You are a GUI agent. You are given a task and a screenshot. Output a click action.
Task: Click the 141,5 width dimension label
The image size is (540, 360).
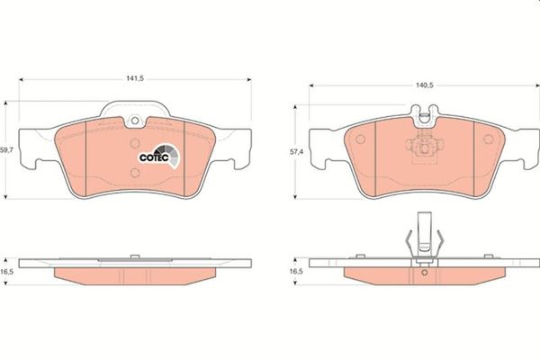[x=135, y=79]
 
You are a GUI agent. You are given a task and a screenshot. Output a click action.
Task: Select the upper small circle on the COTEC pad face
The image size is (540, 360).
[x=135, y=142]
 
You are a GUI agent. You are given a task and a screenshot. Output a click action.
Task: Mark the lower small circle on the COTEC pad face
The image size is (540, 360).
[x=135, y=172]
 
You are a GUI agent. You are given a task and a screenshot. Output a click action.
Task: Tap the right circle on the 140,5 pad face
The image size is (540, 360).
[x=489, y=139]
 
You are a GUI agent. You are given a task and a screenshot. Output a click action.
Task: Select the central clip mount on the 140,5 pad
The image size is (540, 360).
[x=424, y=149]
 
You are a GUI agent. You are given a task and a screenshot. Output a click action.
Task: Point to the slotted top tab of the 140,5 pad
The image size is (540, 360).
[x=425, y=113]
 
